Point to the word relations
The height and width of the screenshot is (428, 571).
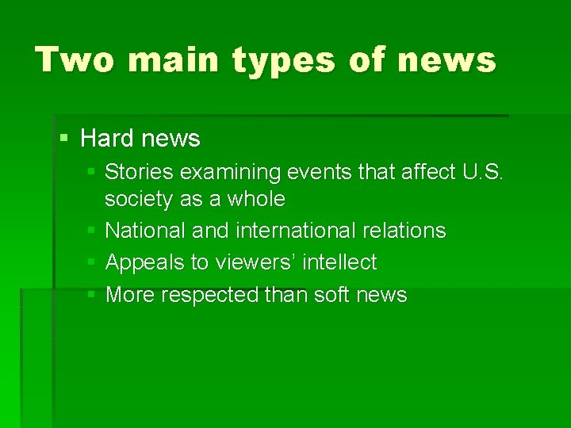point(404,231)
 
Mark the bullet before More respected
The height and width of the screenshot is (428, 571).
point(91,295)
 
